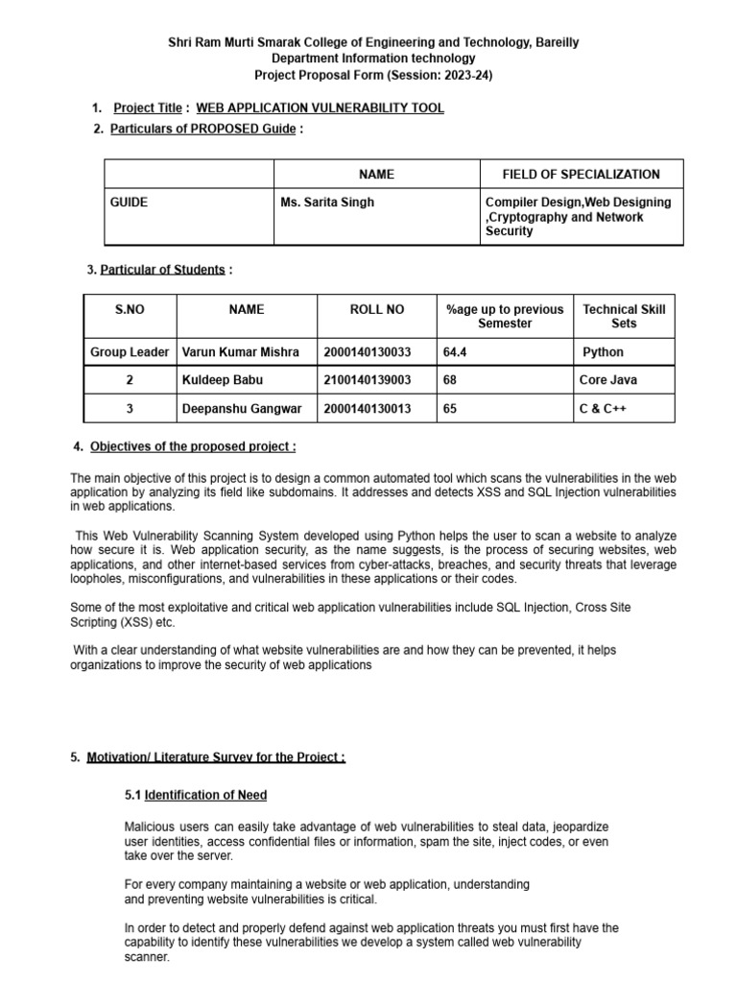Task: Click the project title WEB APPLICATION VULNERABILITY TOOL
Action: click(x=320, y=108)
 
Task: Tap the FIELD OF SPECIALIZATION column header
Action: click(x=581, y=175)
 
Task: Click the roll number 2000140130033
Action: click(x=368, y=352)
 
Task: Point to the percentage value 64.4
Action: click(x=455, y=352)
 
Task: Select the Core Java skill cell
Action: click(x=607, y=380)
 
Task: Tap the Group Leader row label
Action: click(x=130, y=352)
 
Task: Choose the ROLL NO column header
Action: click(x=377, y=310)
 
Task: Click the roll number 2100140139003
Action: click(x=368, y=380)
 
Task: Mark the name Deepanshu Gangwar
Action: click(x=242, y=409)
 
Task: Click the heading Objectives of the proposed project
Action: click(x=193, y=447)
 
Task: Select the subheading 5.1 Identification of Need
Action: click(x=196, y=795)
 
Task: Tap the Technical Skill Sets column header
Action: click(x=623, y=316)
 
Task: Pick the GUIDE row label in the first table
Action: click(x=129, y=203)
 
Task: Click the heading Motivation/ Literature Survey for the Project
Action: click(x=216, y=757)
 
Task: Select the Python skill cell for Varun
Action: click(x=603, y=352)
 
